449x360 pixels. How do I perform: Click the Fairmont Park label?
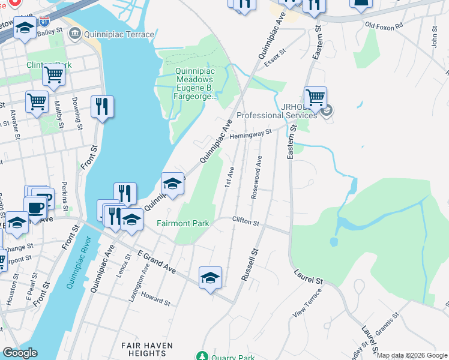pos(182,224)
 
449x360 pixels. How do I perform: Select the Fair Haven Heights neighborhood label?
pos(147,349)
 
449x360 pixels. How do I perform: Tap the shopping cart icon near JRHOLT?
pos(315,97)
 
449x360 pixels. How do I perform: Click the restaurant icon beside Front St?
pos(102,107)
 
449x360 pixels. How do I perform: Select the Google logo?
pos(20,353)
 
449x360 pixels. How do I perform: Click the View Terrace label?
pos(307,303)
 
